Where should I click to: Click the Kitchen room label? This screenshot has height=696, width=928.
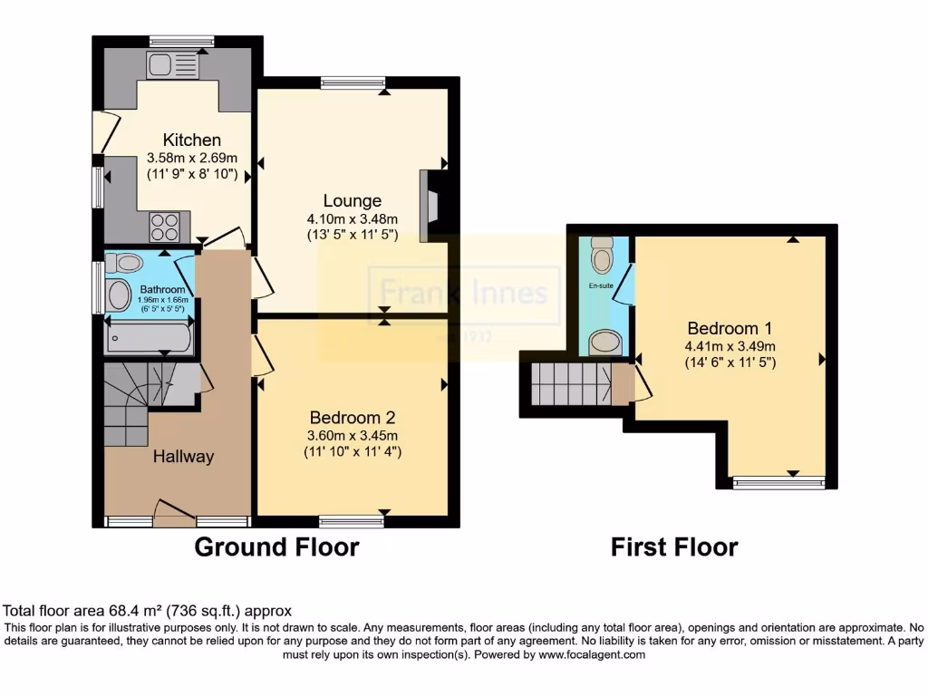pyautogui.click(x=191, y=140)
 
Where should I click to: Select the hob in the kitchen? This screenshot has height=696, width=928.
pyautogui.click(x=164, y=223)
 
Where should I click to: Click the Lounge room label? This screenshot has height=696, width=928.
pyautogui.click(x=353, y=200)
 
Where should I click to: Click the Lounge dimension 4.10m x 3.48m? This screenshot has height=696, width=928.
pyautogui.click(x=353, y=218)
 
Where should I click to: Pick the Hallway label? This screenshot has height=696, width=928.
pyautogui.click(x=183, y=457)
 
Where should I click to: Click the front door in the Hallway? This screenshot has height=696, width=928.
pyautogui.click(x=174, y=514)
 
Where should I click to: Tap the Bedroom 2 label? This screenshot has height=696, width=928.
pyautogui.click(x=353, y=418)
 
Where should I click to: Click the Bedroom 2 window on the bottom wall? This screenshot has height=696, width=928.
pyautogui.click(x=351, y=521)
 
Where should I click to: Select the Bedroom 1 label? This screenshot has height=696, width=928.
pyautogui.click(x=730, y=327)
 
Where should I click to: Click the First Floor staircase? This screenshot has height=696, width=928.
pyautogui.click(x=570, y=384)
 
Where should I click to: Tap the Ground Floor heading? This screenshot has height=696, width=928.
pyautogui.click(x=276, y=547)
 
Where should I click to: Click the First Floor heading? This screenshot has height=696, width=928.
pyautogui.click(x=673, y=547)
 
